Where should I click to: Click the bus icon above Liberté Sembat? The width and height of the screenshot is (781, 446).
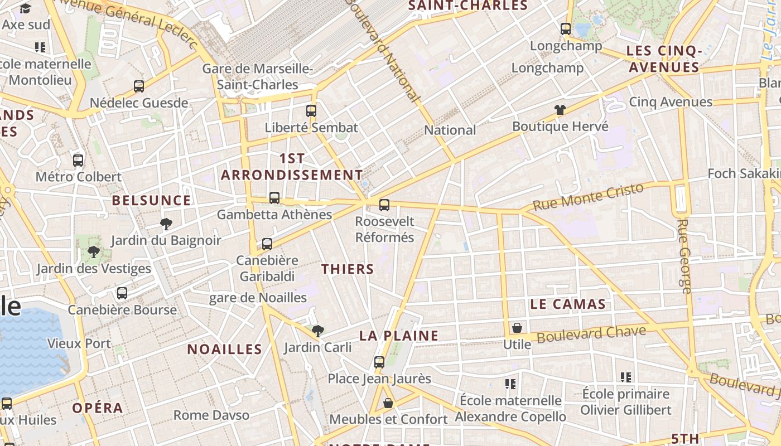[311, 111]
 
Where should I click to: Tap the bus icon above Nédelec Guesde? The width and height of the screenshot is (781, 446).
[139, 86]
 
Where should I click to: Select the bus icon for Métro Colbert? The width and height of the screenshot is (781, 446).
[78, 161]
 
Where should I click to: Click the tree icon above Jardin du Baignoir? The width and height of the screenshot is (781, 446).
[166, 224]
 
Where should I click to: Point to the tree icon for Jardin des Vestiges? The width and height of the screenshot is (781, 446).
[94, 252]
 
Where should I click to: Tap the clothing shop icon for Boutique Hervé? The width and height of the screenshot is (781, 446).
[560, 110]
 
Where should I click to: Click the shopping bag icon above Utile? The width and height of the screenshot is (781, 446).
[517, 328]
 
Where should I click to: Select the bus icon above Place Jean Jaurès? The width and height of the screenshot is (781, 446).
[379, 362]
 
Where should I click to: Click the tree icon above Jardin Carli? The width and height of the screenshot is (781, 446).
[318, 331]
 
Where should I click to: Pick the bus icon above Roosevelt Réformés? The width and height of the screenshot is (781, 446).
[384, 205]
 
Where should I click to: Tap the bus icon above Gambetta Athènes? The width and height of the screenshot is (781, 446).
[274, 198]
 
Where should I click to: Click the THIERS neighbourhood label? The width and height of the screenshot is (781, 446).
[348, 269]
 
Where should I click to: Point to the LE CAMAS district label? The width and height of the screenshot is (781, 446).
[568, 304]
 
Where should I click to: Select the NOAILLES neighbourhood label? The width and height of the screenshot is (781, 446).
[224, 350]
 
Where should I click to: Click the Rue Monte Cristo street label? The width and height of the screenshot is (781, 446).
[588, 197]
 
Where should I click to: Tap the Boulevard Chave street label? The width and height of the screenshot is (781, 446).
[591, 334]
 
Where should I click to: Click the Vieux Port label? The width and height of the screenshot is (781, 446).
[79, 343]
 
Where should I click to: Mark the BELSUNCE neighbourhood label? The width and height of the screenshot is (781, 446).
[151, 201]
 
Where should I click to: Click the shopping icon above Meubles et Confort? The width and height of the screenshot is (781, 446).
[388, 403]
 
